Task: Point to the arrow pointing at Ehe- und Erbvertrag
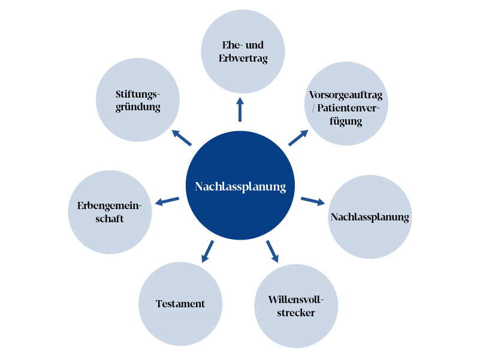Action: [240, 109]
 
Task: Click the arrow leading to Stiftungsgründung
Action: [181, 138]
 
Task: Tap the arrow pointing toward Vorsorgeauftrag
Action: [298, 137]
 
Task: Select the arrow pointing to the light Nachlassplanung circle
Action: [312, 200]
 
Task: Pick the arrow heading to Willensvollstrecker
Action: [273, 251]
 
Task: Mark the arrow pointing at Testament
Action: [207, 250]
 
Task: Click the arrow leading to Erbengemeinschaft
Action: [167, 201]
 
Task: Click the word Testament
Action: [180, 304]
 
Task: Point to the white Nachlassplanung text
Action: [240, 187]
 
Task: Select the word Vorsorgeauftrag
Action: [346, 95]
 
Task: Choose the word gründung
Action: [138, 107]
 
